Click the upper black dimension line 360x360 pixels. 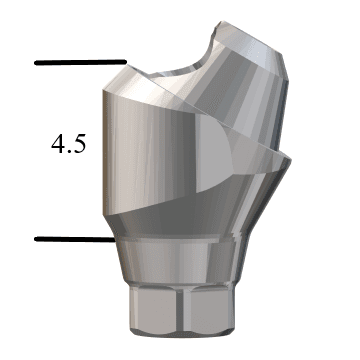(x=80, y=62)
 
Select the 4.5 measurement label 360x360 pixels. (x=68, y=143)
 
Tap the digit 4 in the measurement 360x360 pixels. (x=58, y=143)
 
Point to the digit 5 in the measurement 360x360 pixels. (x=79, y=143)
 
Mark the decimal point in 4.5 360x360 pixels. (x=69, y=151)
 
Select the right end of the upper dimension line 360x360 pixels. (x=123, y=62)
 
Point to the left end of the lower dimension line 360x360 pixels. (x=37, y=239)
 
